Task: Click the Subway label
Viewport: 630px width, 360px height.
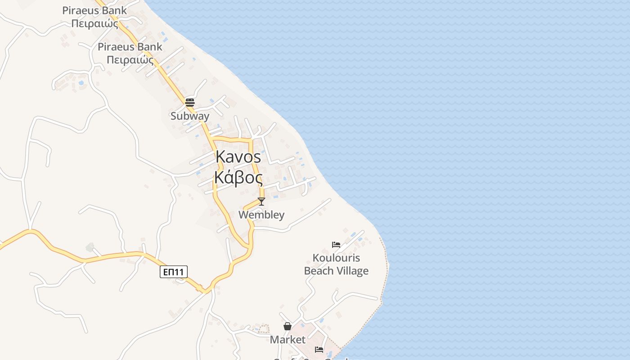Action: (190, 116)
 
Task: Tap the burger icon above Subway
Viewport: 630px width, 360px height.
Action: (189, 102)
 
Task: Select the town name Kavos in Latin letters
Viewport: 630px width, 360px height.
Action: (238, 157)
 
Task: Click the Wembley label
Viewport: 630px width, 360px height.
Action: (261, 215)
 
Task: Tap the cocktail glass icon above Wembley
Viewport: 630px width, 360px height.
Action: (261, 201)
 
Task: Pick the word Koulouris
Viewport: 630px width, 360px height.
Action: (336, 258)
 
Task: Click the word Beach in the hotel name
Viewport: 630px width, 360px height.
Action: (319, 271)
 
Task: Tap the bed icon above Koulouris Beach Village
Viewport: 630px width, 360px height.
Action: (336, 245)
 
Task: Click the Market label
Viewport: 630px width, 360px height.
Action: (288, 340)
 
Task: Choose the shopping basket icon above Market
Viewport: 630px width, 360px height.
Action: (288, 326)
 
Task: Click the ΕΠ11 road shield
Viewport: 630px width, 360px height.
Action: (174, 272)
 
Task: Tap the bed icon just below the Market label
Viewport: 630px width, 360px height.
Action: (319, 349)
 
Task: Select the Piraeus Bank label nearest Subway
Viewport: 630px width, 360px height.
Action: (130, 53)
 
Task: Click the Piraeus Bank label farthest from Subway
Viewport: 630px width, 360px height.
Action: (94, 17)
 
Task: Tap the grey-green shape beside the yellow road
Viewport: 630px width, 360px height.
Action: (90, 247)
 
